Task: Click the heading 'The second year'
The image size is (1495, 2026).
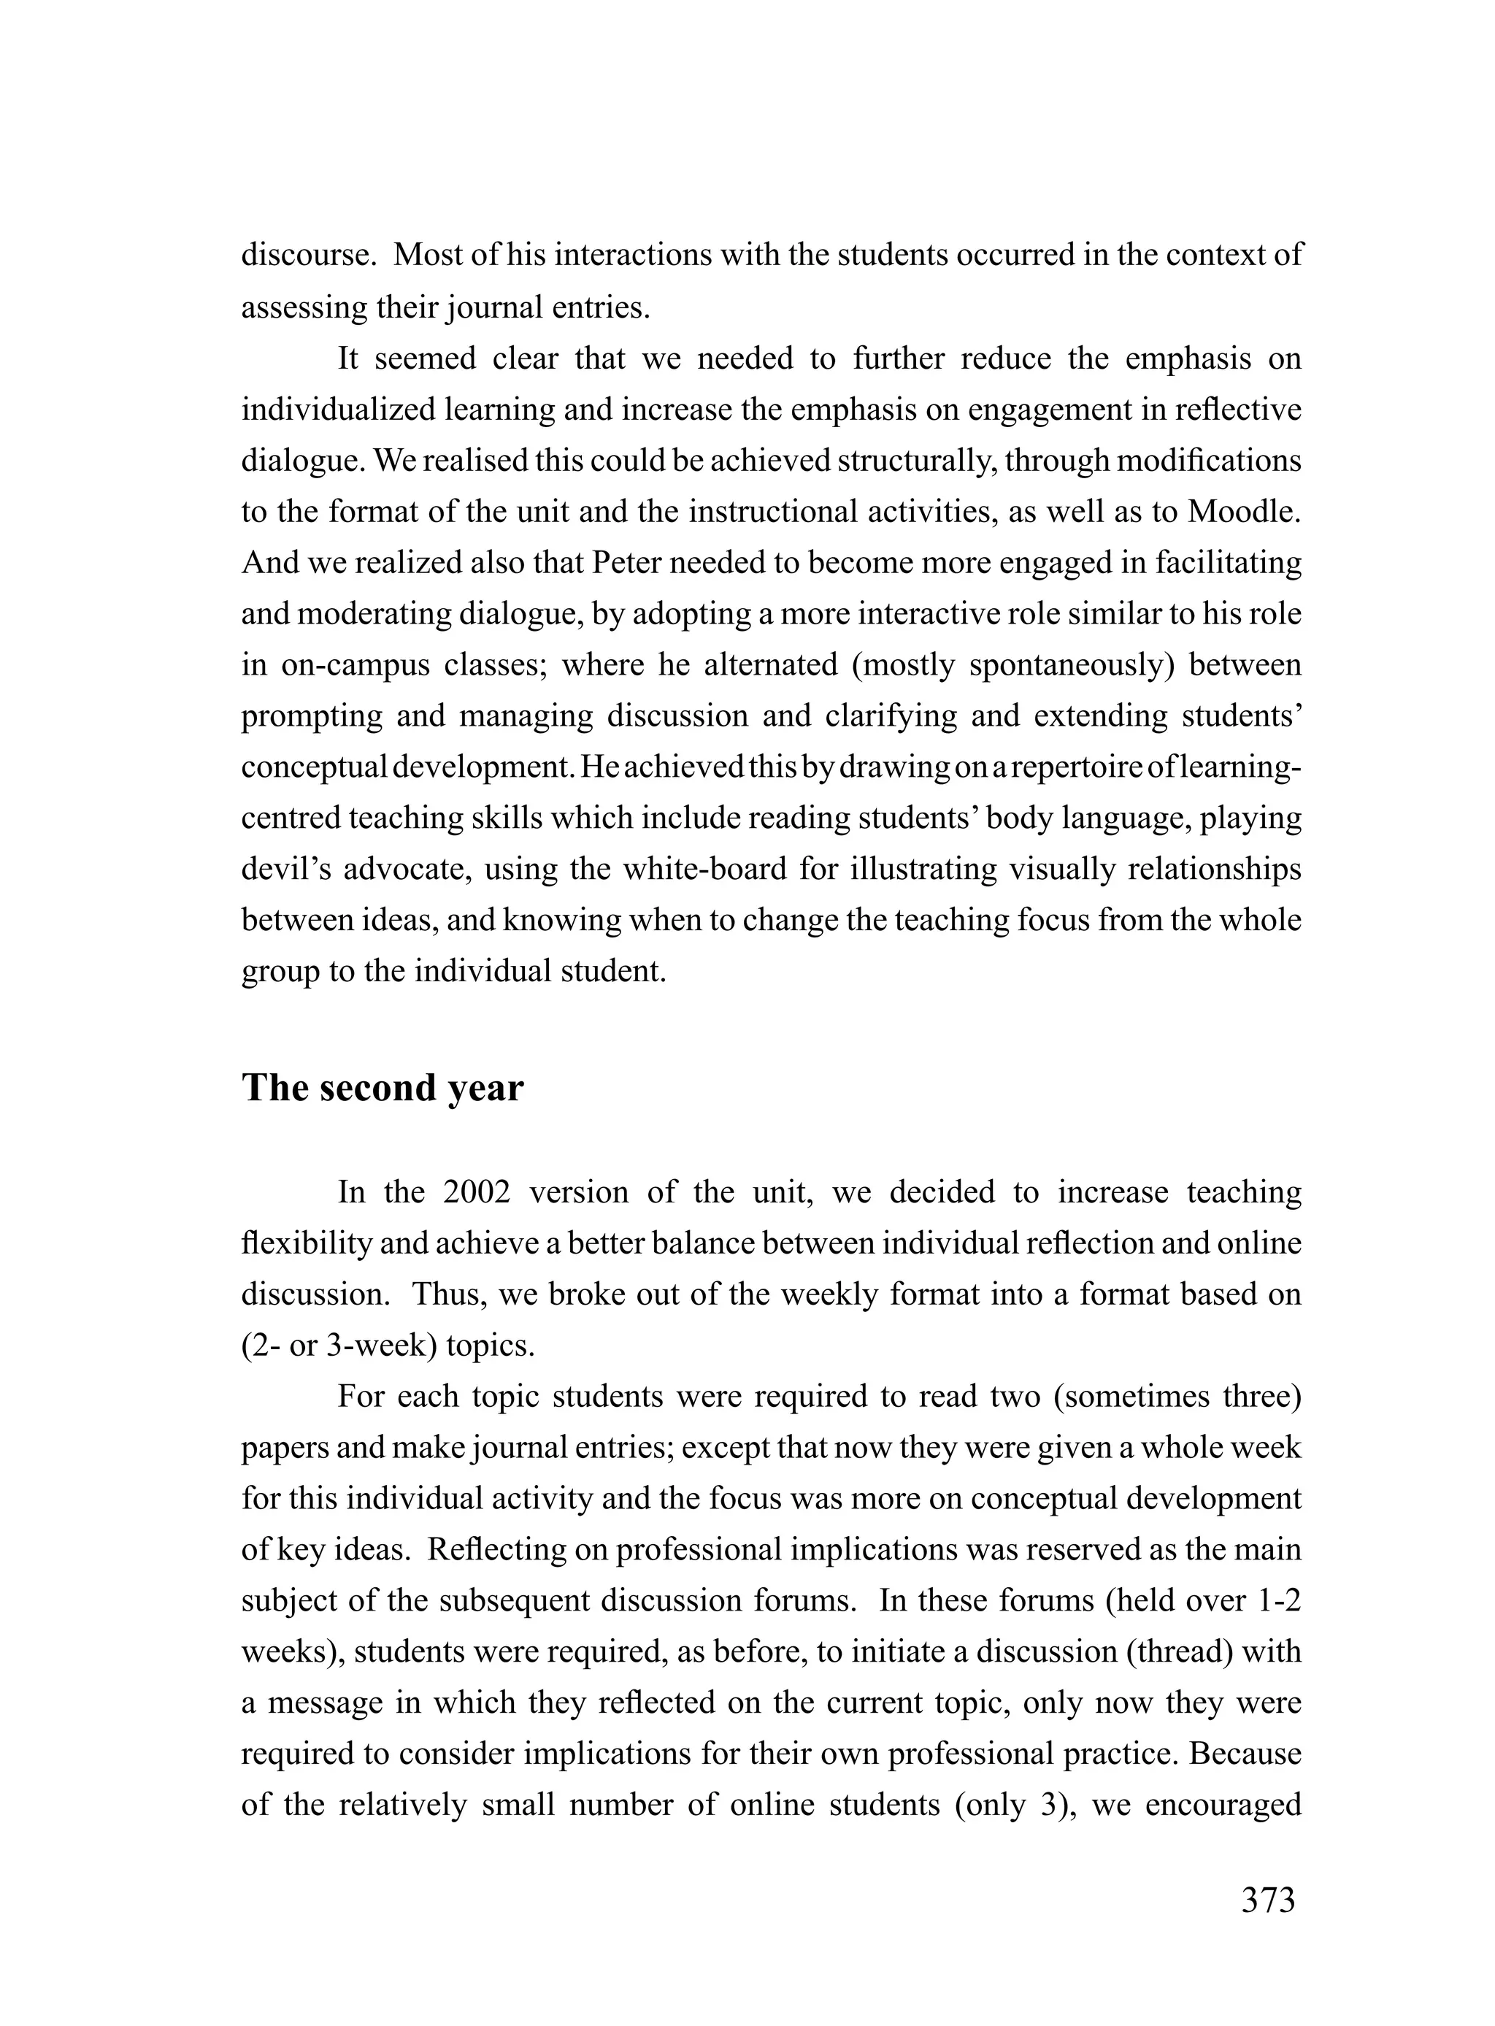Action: (x=382, y=1088)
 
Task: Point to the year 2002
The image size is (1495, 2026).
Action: (x=477, y=1193)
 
